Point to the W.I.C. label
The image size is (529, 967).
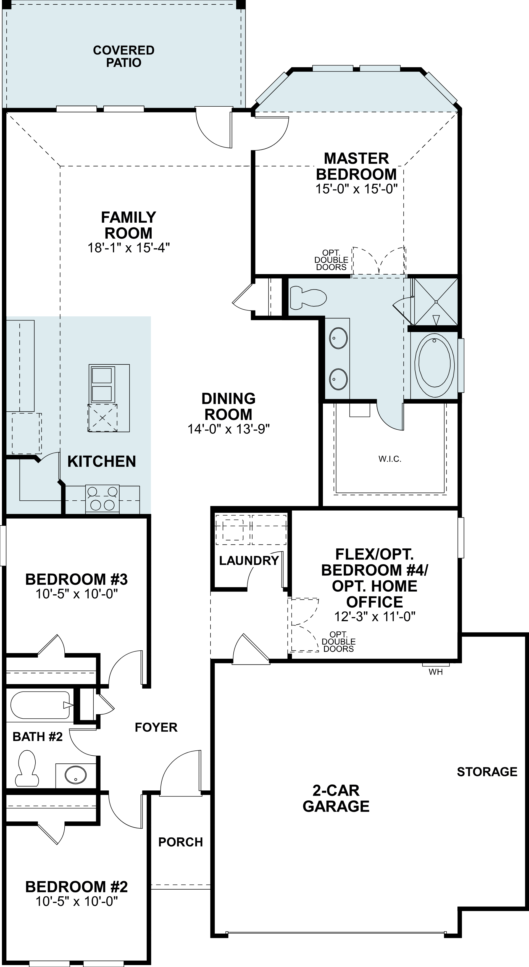point(390,459)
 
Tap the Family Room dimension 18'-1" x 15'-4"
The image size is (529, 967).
point(129,248)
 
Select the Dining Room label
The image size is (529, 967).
point(228,406)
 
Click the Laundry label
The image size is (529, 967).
point(249,561)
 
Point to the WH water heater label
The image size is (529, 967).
point(436,672)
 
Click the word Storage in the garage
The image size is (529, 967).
point(487,772)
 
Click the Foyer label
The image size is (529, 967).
point(156,727)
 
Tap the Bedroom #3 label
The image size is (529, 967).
point(76,579)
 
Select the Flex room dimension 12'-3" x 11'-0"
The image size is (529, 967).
point(374,616)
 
